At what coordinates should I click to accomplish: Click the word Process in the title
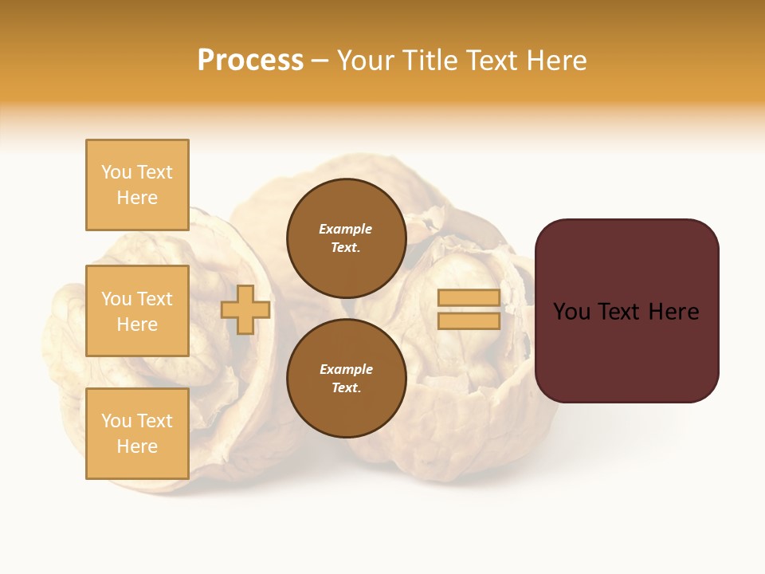coord(250,61)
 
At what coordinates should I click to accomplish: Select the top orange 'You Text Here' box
coord(137,185)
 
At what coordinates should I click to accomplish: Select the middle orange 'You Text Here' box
coord(137,311)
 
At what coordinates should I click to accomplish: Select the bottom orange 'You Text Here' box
coord(137,434)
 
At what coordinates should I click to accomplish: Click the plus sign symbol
coord(245,310)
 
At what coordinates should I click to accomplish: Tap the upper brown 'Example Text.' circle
coord(346,238)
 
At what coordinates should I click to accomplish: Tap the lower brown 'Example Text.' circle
coord(346,378)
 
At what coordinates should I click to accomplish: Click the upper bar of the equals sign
coord(469,298)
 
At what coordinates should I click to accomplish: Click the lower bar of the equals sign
coord(469,321)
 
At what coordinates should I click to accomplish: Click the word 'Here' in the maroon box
coord(673,312)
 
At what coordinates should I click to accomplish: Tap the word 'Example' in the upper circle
coord(346,229)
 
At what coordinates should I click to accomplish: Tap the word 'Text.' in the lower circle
coord(346,387)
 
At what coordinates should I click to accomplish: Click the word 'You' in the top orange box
coord(116,172)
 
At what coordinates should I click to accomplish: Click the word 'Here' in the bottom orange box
coord(137,446)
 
